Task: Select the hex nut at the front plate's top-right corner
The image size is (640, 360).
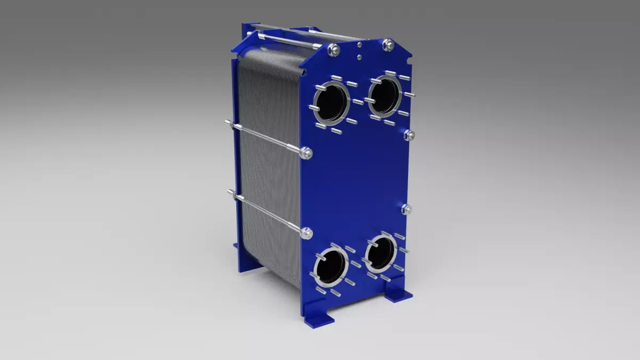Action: tap(389, 45)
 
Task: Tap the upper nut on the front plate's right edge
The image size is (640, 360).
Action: tap(409, 135)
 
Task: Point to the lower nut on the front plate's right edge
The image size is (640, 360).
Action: tap(406, 209)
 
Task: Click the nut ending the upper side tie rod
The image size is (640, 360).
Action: tap(307, 154)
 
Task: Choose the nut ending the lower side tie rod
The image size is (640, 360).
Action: tap(307, 233)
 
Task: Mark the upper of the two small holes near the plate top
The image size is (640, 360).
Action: tap(359, 47)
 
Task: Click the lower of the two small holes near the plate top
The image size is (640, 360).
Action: tap(360, 57)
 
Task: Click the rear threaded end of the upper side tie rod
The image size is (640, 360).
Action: tap(228, 124)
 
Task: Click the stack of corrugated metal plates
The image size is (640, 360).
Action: tap(267, 160)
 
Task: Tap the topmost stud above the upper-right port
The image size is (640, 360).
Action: tap(390, 73)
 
